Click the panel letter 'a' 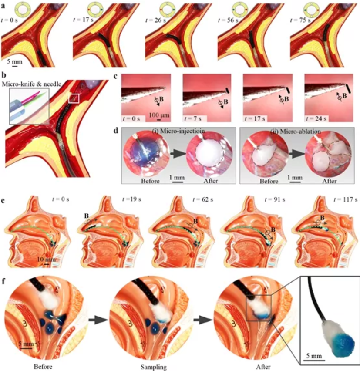click(x=3, y=6)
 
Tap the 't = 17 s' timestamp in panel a click(x=83, y=20)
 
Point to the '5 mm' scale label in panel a click(x=14, y=61)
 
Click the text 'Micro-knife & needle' click(x=32, y=84)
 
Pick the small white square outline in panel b click(x=74, y=98)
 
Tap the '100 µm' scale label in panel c click(x=159, y=115)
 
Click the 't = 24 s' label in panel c click(x=316, y=118)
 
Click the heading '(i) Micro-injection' click(x=178, y=131)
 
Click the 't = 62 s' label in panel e click(x=203, y=199)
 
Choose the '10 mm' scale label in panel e click(x=46, y=260)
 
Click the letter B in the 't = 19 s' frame click(x=87, y=216)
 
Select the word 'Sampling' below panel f click(x=154, y=367)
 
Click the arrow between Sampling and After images click(x=203, y=320)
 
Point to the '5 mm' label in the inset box click(x=314, y=356)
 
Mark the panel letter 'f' click(x=3, y=281)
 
